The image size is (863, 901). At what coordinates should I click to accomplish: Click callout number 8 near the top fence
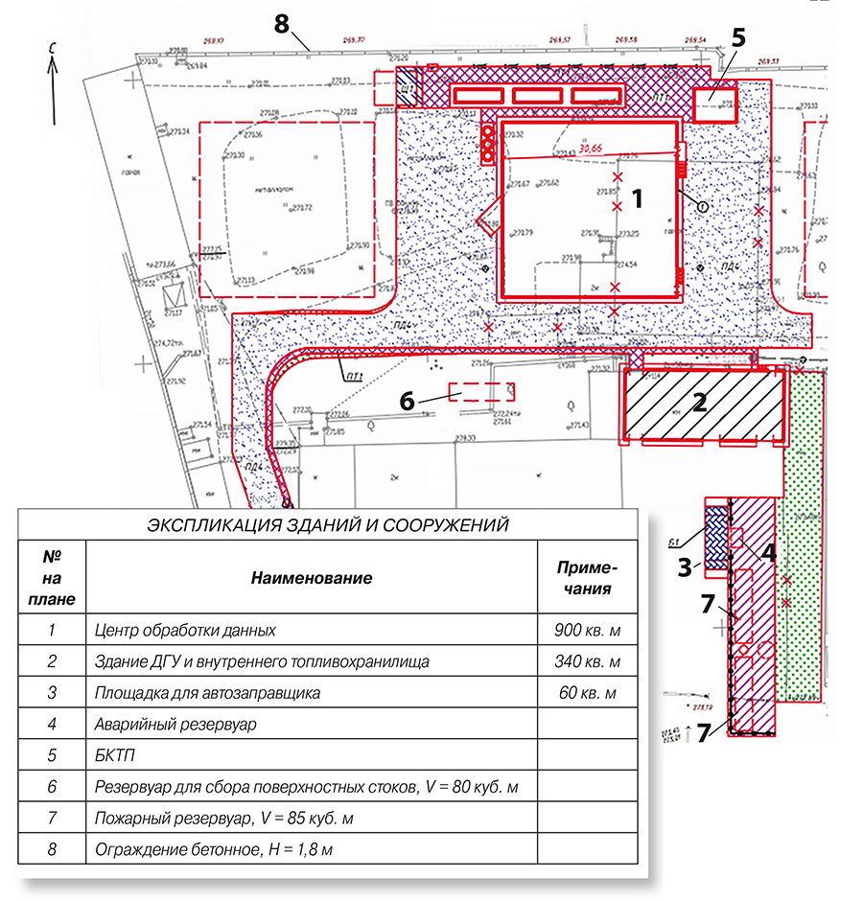point(282,25)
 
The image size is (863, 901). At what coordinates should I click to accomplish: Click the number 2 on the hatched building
point(700,402)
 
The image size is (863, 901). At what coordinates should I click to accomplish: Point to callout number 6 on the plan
point(408,402)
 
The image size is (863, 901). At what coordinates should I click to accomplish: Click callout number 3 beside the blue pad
point(685,566)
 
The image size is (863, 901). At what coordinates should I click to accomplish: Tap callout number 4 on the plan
point(768,551)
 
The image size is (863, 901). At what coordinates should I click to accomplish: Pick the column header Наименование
point(312,578)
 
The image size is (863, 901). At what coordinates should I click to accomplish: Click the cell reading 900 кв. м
point(588,631)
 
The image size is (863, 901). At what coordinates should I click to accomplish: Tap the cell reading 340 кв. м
point(588,661)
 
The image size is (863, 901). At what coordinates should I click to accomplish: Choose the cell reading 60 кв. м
point(588,693)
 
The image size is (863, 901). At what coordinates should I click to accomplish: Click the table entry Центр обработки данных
point(186,631)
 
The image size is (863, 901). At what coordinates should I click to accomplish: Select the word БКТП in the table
point(116,755)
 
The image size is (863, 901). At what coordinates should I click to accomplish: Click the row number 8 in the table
point(53,849)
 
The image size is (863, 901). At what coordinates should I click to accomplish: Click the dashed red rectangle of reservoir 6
point(483,391)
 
